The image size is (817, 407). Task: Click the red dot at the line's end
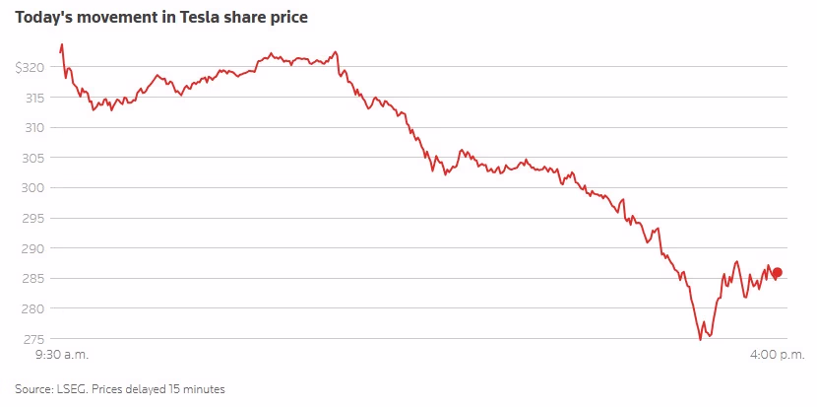click(x=777, y=273)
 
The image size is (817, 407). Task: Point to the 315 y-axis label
click(x=35, y=98)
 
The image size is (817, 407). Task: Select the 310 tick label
click(x=35, y=127)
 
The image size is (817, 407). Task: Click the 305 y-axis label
click(x=35, y=158)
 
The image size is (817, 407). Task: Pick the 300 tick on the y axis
click(x=35, y=188)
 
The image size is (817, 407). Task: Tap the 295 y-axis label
click(x=35, y=218)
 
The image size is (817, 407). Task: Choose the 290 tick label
click(x=35, y=248)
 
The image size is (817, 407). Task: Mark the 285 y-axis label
click(x=35, y=279)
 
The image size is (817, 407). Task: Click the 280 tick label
click(x=35, y=308)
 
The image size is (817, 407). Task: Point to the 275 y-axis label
click(x=35, y=339)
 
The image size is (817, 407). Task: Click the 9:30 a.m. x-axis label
click(x=62, y=354)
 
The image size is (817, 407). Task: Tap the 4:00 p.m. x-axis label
click(x=777, y=354)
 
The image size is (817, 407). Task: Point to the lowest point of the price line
click(x=700, y=340)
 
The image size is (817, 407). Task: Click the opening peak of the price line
click(x=62, y=44)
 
